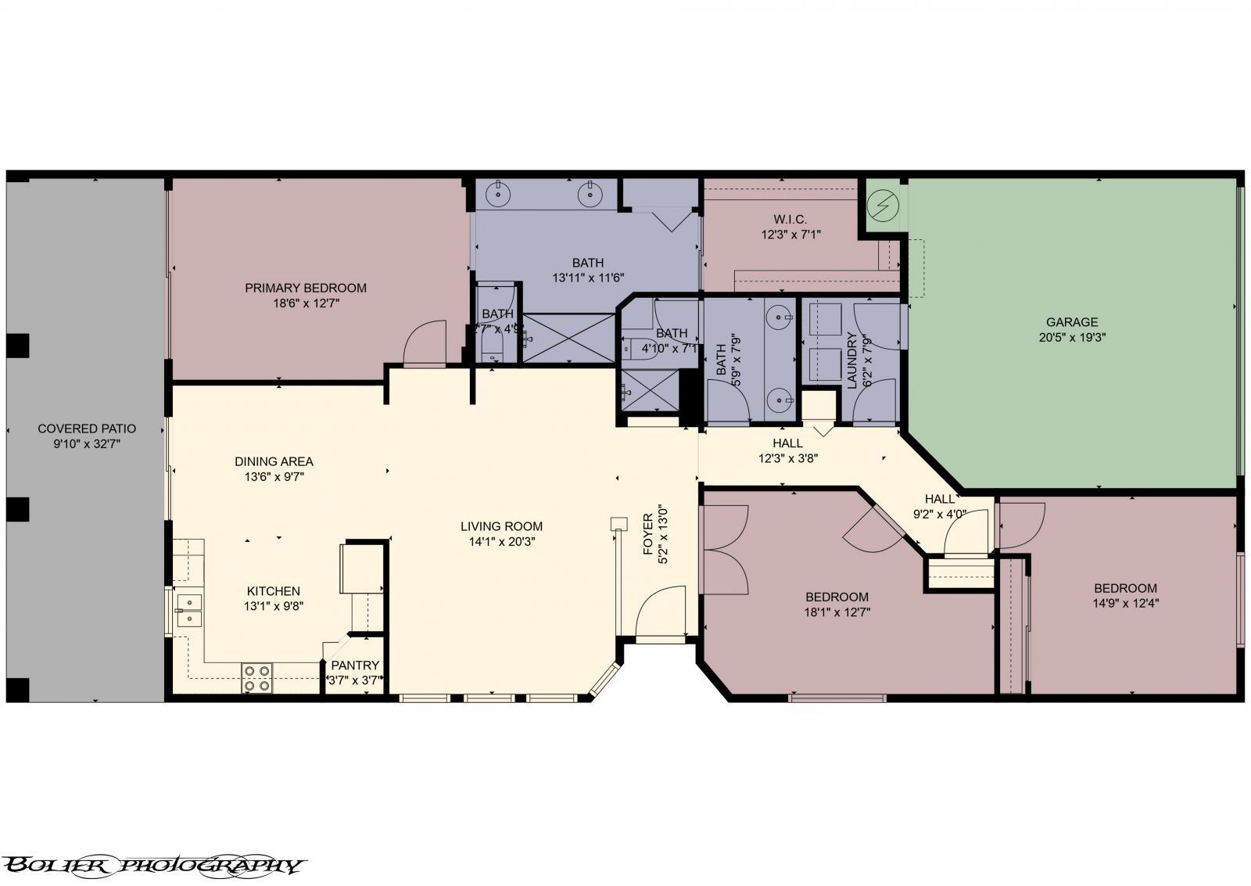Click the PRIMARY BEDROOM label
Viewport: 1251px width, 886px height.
[x=306, y=288]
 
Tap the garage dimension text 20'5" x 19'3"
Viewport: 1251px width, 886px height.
[x=1072, y=338]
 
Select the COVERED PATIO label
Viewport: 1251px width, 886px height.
[x=87, y=429]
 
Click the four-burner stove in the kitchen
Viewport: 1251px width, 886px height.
[x=257, y=678]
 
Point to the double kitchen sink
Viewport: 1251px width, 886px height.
[x=188, y=610]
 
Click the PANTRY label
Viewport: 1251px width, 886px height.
[x=355, y=665]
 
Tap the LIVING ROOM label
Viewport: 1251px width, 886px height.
[x=501, y=526]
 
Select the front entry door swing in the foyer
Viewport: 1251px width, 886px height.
[x=661, y=614]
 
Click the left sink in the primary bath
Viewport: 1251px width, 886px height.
[x=498, y=192]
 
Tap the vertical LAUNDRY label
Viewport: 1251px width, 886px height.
[x=851, y=360]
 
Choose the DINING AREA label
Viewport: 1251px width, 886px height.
[x=274, y=461]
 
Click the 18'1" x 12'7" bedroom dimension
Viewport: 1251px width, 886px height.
[x=837, y=612]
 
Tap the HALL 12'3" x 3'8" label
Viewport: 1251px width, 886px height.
[x=787, y=451]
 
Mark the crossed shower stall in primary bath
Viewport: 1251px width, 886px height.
[x=569, y=337]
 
